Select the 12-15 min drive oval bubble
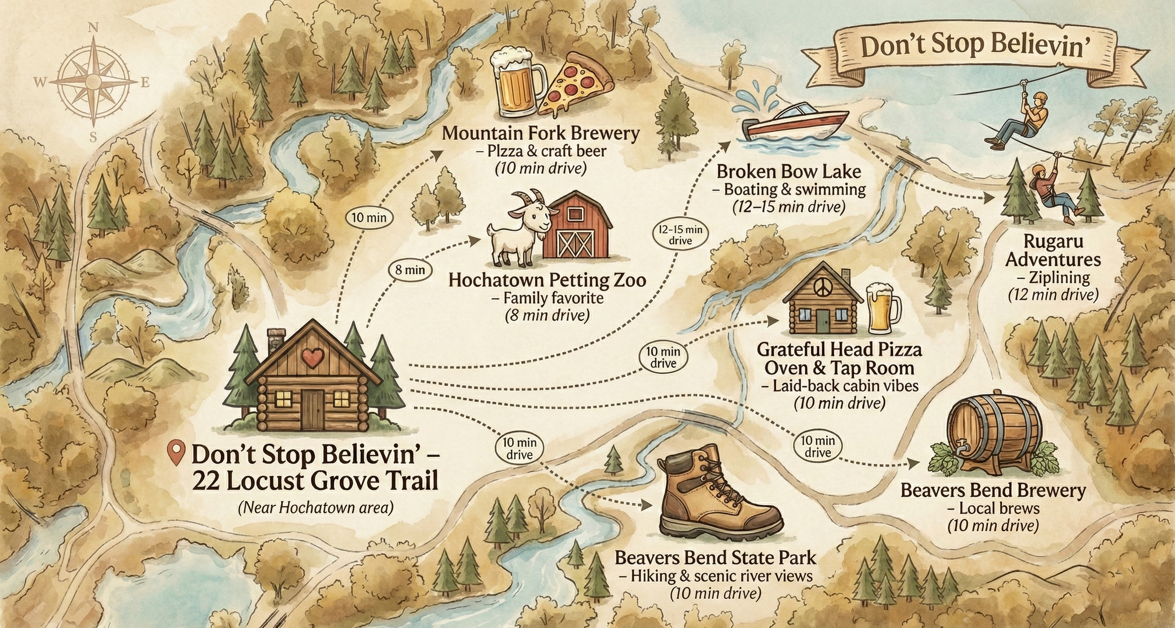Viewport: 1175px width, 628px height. (x=680, y=235)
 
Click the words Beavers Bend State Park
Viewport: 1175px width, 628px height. (x=715, y=558)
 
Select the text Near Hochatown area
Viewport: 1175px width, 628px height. (x=315, y=507)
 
